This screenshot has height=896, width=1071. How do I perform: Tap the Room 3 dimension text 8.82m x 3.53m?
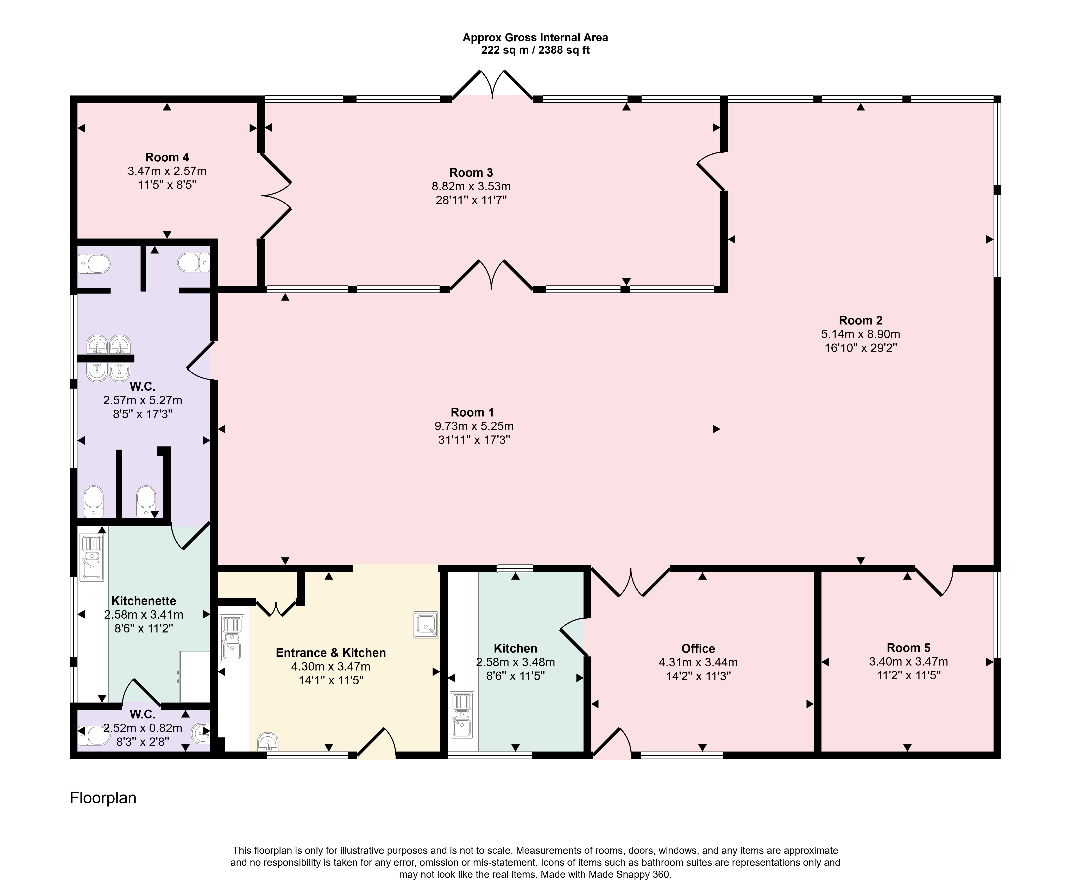coord(471,186)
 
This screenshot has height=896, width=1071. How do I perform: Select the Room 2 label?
coord(860,320)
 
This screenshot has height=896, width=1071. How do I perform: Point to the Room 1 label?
coord(472,412)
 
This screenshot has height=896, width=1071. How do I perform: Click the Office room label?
coord(698,649)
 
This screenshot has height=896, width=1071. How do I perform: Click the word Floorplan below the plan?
coord(103,798)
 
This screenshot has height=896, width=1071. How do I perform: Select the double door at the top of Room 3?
coord(492,84)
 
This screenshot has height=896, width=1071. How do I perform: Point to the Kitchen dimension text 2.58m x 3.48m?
coord(515,662)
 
